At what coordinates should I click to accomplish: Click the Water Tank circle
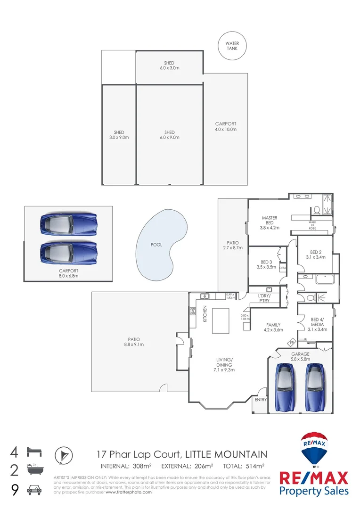point(232,46)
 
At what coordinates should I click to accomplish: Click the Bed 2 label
point(316,254)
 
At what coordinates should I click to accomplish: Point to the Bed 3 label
point(266,264)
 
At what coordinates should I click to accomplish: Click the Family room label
point(273,327)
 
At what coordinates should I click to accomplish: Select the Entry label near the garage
point(260,400)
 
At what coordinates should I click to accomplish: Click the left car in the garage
point(285,387)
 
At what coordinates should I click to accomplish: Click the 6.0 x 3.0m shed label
point(169,66)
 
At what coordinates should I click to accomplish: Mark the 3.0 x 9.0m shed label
point(119,135)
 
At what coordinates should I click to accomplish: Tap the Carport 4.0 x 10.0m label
point(226,126)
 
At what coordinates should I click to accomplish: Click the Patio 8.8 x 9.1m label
point(133,342)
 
